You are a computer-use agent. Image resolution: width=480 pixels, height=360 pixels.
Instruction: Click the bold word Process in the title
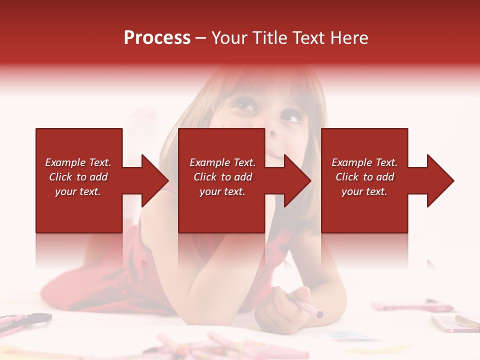[x=157, y=38]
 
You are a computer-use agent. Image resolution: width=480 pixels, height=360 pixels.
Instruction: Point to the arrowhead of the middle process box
[x=297, y=180]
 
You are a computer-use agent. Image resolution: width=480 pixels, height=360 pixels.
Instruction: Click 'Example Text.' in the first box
[x=78, y=162]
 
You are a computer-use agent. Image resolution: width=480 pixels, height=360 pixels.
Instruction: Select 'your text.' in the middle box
[x=222, y=191]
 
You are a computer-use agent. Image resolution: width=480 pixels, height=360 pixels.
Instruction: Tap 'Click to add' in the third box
[x=364, y=177]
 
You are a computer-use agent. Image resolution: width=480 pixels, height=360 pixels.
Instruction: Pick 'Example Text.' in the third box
[x=364, y=162]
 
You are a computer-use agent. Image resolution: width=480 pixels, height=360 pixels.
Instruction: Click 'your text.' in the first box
[x=78, y=191]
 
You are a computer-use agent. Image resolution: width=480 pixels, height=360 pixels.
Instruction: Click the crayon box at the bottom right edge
[x=452, y=322]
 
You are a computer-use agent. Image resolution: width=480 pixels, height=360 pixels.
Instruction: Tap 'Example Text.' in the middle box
[x=222, y=162]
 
